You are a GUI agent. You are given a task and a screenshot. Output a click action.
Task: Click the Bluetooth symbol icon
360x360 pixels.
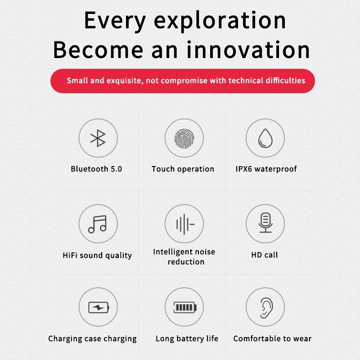pyautogui.click(x=98, y=138)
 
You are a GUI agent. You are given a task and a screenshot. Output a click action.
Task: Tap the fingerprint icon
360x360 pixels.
pyautogui.click(x=184, y=139)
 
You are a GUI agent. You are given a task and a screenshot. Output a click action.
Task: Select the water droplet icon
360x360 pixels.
pyautogui.click(x=265, y=138)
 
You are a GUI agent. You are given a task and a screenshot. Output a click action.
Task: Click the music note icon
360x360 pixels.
pyautogui.click(x=98, y=224)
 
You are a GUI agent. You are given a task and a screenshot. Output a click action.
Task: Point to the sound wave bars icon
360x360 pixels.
pyautogui.click(x=185, y=224)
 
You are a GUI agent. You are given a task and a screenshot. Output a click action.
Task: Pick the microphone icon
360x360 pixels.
pyautogui.click(x=265, y=223)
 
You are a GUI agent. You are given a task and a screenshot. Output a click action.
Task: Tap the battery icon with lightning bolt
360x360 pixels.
pyautogui.click(x=99, y=307)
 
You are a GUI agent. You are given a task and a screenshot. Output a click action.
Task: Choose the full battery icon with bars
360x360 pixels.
pyautogui.click(x=185, y=307)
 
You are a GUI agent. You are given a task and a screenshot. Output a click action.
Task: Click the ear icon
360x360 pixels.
pyautogui.click(x=266, y=308)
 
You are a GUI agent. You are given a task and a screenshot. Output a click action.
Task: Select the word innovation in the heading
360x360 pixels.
pyautogui.click(x=248, y=49)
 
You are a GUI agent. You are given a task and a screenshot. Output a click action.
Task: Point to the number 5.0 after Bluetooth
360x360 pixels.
pyautogui.click(x=117, y=169)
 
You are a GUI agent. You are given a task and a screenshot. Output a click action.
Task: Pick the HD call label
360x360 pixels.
pyautogui.click(x=265, y=255)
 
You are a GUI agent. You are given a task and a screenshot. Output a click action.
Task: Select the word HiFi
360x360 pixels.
pyautogui.click(x=70, y=255)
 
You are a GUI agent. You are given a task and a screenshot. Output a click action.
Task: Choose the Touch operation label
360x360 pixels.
pyautogui.click(x=183, y=169)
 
